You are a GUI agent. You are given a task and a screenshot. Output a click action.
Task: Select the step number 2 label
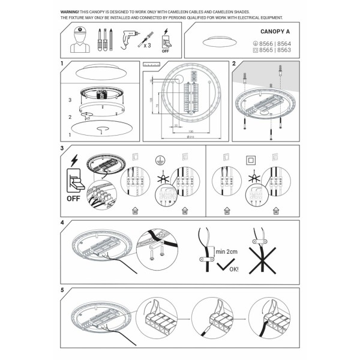[234, 63]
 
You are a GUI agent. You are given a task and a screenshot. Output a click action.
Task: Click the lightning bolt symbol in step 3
[74, 160]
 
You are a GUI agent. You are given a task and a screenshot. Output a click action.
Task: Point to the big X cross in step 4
[266, 259]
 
